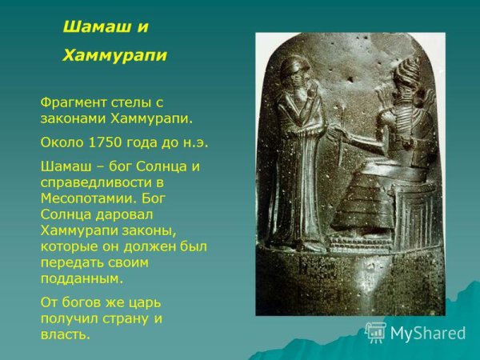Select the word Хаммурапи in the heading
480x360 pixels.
114,55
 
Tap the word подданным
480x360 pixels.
81,278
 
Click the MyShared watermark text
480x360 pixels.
428,333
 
